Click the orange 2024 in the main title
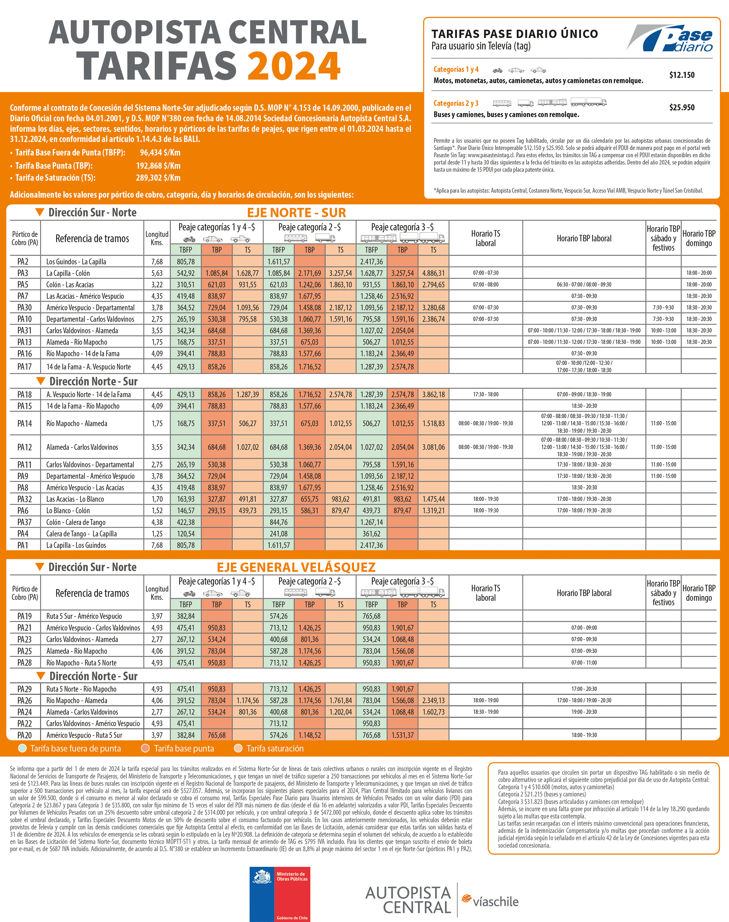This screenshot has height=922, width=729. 294,66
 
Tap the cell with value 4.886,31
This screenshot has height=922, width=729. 433,273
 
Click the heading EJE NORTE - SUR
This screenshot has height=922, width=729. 297,213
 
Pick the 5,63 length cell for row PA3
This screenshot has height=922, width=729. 157,273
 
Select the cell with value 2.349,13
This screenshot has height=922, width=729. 433,700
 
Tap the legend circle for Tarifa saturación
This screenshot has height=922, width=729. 238,748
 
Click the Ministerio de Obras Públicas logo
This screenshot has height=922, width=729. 280,894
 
